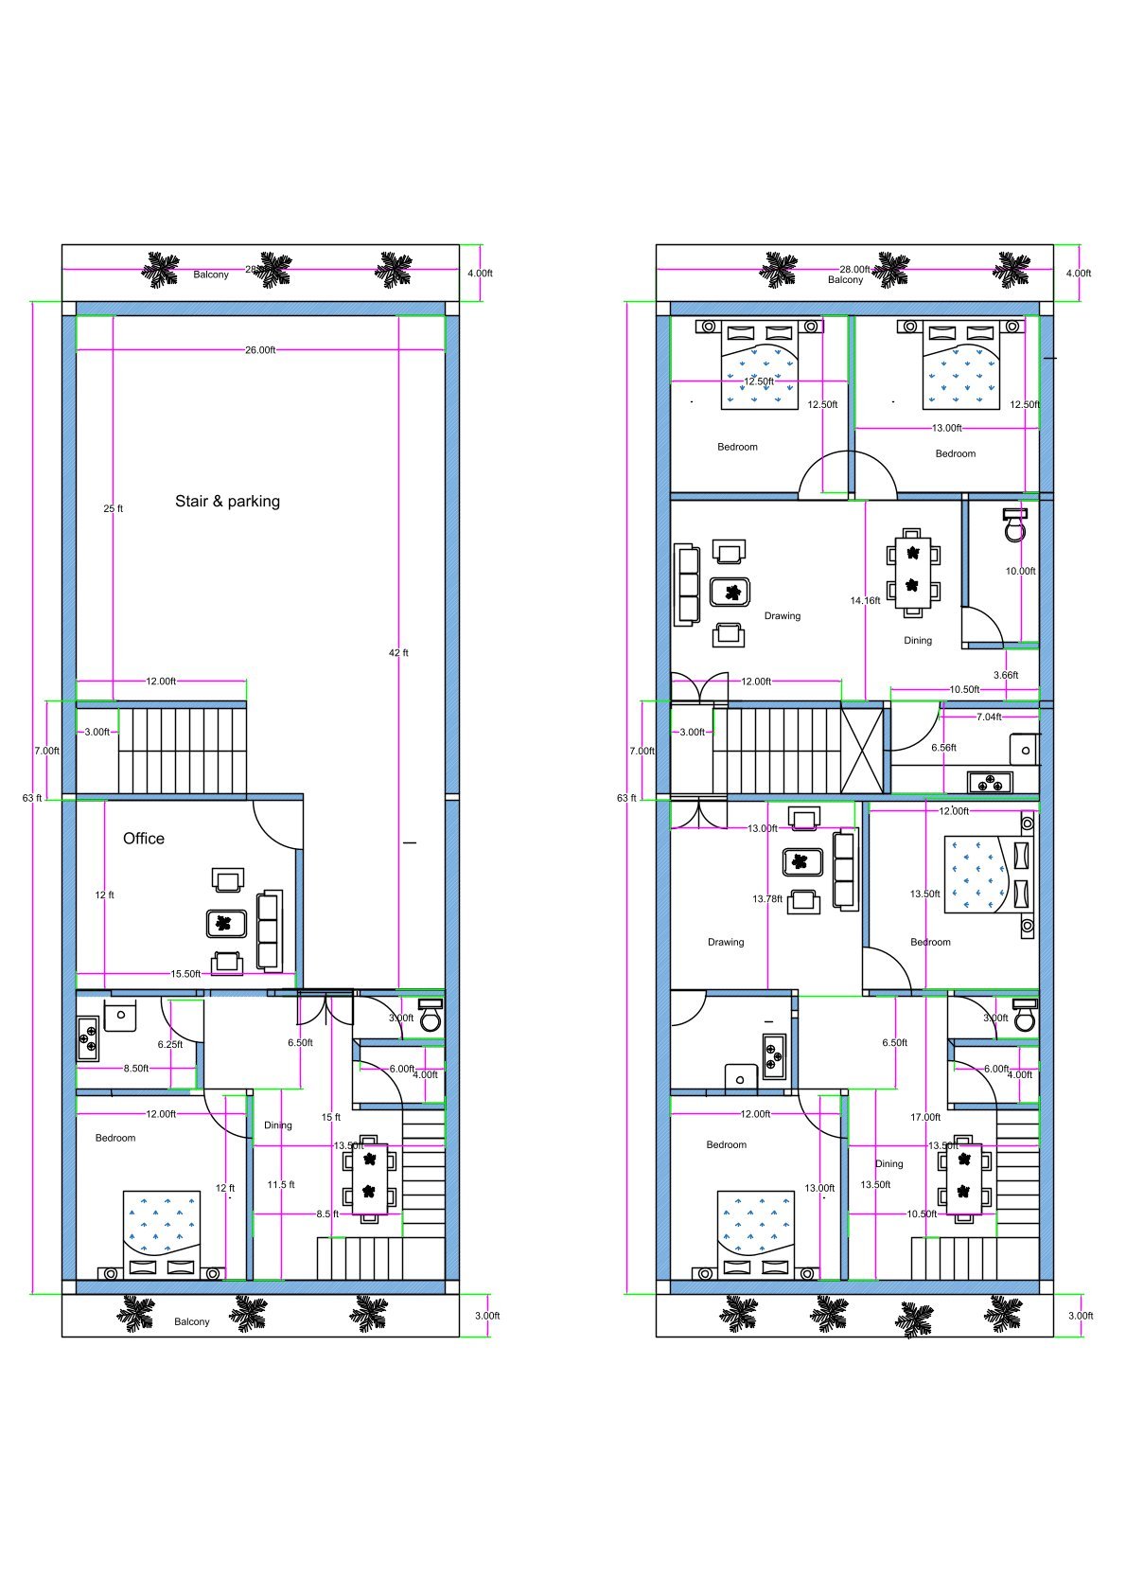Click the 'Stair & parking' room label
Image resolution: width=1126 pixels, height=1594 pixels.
click(x=227, y=502)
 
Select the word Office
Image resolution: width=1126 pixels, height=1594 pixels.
click(x=144, y=839)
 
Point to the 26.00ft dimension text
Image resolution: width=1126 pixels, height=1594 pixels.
click(x=260, y=350)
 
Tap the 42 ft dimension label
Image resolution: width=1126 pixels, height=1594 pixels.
click(x=398, y=653)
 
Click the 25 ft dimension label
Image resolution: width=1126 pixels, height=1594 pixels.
click(x=114, y=509)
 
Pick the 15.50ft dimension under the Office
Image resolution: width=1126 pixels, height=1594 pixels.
click(x=185, y=974)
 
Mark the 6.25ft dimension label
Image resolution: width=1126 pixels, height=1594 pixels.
click(x=170, y=1045)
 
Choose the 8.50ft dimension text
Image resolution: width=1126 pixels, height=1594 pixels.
click(x=136, y=1069)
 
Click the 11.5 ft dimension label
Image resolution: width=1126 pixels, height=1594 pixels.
click(x=281, y=1185)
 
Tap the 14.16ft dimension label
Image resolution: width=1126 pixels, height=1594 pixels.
click(x=865, y=601)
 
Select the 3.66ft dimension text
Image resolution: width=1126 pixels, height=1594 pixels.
click(x=1006, y=676)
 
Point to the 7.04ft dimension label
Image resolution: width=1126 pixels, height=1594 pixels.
click(x=989, y=717)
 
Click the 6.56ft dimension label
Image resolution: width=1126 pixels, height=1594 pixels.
click(x=943, y=748)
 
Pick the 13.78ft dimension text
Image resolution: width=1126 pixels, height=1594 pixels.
click(x=767, y=899)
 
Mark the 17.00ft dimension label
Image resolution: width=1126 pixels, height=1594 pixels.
click(x=925, y=1118)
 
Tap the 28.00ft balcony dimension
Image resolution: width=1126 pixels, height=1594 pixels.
click(x=854, y=270)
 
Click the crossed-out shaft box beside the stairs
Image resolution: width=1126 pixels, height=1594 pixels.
click(x=862, y=748)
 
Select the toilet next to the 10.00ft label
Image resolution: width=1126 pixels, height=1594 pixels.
click(x=1014, y=525)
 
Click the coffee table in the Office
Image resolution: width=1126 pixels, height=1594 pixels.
click(x=226, y=923)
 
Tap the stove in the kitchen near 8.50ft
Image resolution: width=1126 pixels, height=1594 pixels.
click(x=87, y=1037)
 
